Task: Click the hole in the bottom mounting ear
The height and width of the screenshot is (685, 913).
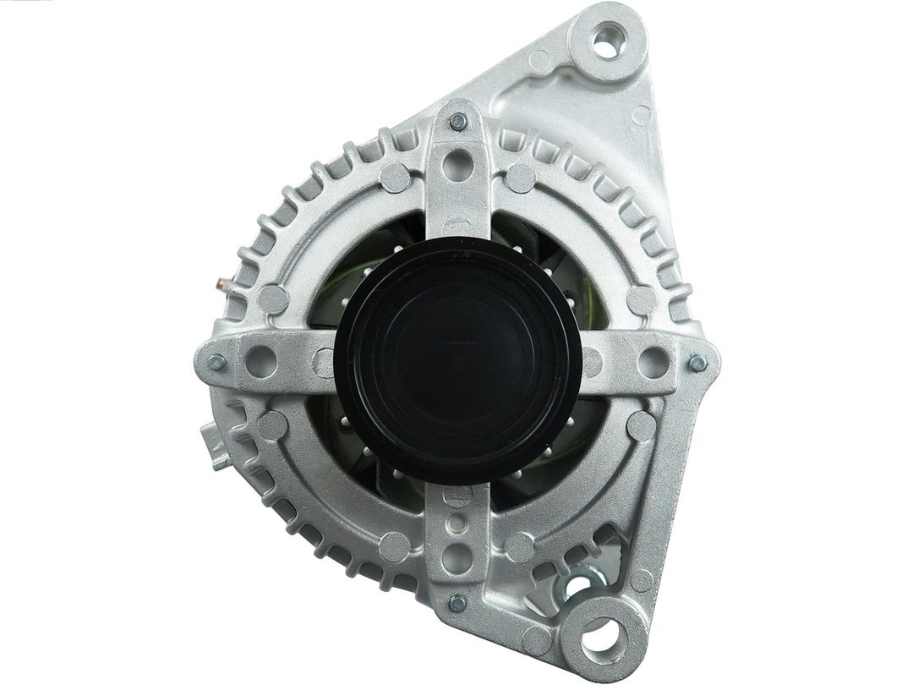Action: click(604, 632)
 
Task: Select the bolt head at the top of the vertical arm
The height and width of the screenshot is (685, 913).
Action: click(458, 122)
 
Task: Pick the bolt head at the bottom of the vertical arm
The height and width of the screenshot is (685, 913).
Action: click(457, 603)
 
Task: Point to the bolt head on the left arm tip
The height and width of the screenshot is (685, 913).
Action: click(216, 362)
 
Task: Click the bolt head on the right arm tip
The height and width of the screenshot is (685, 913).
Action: click(697, 363)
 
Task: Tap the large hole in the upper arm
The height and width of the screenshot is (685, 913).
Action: click(457, 164)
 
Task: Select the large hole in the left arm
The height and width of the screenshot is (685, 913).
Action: click(261, 362)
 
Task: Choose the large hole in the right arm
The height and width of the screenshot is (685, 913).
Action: click(653, 363)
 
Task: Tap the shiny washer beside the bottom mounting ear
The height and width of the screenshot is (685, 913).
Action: click(577, 584)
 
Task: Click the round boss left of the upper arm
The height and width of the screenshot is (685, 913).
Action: click(395, 178)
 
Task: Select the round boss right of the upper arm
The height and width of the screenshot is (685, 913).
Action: click(521, 178)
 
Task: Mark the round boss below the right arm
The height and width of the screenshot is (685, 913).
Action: click(642, 425)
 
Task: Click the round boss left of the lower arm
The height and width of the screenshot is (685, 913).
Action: click(395, 547)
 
